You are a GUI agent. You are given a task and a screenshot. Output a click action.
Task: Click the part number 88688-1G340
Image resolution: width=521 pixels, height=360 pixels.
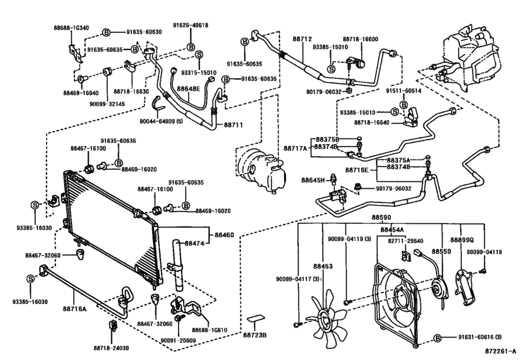click(71, 28)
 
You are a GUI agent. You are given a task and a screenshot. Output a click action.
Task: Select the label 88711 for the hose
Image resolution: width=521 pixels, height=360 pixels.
click(233, 125)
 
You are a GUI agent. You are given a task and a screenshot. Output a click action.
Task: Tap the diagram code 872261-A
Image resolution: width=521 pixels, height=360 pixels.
click(500, 351)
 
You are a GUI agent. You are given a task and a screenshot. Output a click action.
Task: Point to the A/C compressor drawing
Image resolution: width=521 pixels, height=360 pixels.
click(261, 170)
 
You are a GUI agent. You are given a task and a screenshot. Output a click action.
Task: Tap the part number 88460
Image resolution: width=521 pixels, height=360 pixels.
click(224, 235)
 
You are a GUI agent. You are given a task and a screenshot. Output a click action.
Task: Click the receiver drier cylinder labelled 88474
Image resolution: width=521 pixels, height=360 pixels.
click(177, 266)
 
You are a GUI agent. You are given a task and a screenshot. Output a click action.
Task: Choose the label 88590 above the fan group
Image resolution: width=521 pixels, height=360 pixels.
click(381, 217)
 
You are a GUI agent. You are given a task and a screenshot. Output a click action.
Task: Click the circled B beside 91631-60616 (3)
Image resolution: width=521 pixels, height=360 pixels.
click(437, 338)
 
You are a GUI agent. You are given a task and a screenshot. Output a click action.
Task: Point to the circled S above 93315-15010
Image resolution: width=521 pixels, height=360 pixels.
click(199, 55)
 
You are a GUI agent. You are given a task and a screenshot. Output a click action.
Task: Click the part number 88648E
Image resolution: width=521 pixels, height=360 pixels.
click(188, 89)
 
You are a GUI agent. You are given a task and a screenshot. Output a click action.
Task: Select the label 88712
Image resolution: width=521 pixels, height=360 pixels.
click(302, 39)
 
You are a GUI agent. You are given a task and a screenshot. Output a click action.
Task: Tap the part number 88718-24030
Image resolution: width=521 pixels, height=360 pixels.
click(111, 348)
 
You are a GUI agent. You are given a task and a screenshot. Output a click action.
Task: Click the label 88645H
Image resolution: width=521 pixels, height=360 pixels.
click(313, 180)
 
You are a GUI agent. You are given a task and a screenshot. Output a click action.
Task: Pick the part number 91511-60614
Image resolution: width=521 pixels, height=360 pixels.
click(403, 91)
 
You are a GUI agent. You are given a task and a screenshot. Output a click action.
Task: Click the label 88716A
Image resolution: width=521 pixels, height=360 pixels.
click(74, 309)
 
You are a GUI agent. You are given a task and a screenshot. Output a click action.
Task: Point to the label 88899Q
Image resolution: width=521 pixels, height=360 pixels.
click(462, 240)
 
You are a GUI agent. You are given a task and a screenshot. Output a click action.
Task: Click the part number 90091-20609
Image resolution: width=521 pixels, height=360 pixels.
click(178, 340)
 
